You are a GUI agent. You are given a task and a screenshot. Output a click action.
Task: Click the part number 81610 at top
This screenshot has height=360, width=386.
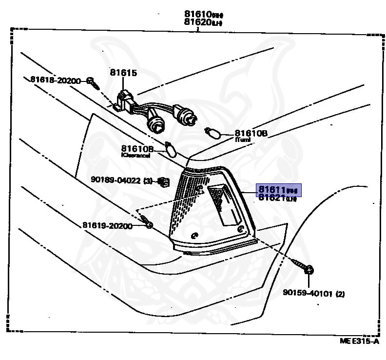click(x=196, y=14)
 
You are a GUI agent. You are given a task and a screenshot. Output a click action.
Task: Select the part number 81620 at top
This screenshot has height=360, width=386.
click(x=196, y=21)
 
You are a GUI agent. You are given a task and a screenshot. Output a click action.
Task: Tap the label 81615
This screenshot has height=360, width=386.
click(x=123, y=73)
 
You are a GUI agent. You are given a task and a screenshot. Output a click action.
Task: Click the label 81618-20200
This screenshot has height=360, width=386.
click(x=55, y=80)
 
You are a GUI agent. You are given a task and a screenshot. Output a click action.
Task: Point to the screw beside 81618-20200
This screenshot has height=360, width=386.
click(x=92, y=82)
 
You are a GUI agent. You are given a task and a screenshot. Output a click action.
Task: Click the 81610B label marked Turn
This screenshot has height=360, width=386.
click(x=251, y=133)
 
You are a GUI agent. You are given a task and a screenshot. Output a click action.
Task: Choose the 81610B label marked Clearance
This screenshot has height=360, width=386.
click(x=137, y=149)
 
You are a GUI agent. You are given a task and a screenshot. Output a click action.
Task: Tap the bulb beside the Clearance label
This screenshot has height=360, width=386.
click(x=170, y=148)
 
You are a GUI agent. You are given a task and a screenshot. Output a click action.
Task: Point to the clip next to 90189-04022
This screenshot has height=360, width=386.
click(x=164, y=182)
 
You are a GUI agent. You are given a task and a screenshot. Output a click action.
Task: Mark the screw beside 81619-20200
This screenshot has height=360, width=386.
click(x=148, y=224)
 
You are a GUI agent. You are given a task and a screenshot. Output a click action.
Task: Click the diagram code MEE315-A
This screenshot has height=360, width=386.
click(x=359, y=340)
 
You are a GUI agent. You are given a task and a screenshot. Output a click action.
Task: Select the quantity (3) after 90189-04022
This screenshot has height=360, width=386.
click(x=148, y=180)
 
